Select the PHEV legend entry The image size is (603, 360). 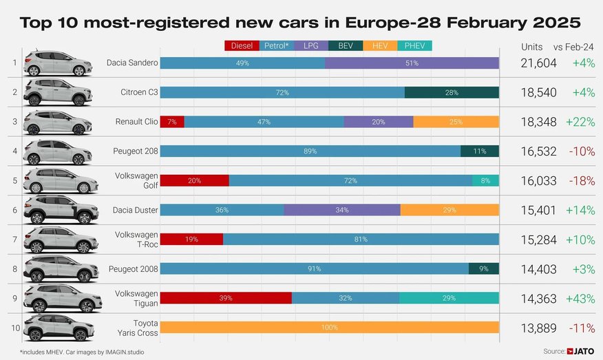tap(414, 46)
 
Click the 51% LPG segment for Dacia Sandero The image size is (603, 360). tap(412, 63)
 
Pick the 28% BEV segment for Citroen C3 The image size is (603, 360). tap(452, 92)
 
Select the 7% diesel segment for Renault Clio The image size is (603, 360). tap(172, 122)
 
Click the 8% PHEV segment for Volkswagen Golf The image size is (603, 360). tap(485, 180)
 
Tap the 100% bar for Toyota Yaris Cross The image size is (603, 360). tap(329, 327)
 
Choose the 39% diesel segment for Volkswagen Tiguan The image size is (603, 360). tap(226, 298)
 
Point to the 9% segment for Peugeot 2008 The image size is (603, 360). tap(483, 269)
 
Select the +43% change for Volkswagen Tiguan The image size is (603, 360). tap(579, 298)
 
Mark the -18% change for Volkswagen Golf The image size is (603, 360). tap(580, 180)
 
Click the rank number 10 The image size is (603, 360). tap(14, 327)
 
